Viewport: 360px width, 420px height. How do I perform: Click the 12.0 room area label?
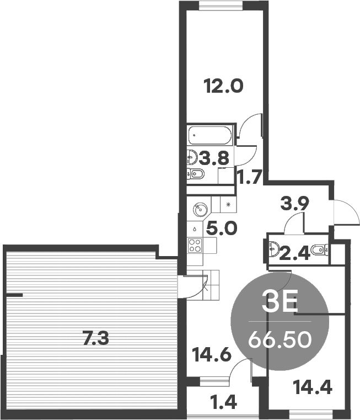[x=223, y=86]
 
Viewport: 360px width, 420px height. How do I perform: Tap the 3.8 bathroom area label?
[x=214, y=158]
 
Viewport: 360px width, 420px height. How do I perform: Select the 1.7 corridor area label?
[x=250, y=177]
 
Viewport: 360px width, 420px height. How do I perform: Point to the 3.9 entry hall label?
[x=295, y=203]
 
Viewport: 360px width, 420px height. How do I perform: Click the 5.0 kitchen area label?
[x=222, y=228]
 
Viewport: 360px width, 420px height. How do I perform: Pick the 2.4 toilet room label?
[x=295, y=253]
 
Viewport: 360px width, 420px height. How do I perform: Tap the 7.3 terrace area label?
[x=95, y=338]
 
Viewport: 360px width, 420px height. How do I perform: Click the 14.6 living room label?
[x=212, y=355]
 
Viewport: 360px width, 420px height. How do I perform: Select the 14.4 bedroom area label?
[x=313, y=387]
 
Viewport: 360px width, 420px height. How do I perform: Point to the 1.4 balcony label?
[x=224, y=402]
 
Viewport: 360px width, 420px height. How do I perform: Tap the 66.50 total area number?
[x=280, y=339]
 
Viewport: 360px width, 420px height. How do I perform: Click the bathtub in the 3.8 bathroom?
[x=209, y=135]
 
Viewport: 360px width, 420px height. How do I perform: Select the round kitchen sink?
[x=200, y=209]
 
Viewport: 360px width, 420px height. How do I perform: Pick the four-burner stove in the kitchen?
[x=195, y=246]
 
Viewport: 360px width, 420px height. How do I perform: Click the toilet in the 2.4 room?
[x=320, y=250]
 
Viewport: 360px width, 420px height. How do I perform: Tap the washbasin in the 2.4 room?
[x=273, y=248]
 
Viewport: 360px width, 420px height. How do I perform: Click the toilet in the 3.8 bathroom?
[x=195, y=174]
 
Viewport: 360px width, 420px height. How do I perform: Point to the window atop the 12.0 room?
[x=221, y=6]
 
